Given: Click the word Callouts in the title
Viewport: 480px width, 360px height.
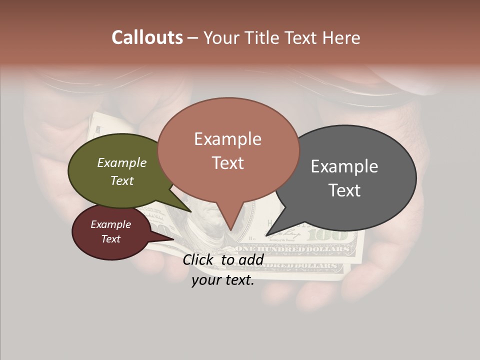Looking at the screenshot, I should (x=147, y=37).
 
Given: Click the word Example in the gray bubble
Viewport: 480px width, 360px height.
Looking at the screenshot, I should (x=344, y=166).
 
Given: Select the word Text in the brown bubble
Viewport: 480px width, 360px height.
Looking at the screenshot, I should (x=228, y=163).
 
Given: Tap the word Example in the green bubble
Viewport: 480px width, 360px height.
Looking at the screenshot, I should (x=122, y=163).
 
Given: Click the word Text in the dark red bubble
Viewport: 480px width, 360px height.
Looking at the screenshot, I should (x=111, y=239).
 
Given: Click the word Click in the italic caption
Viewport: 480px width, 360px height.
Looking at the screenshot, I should (x=198, y=259).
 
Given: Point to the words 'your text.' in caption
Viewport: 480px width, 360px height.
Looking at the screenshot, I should (x=223, y=280).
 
